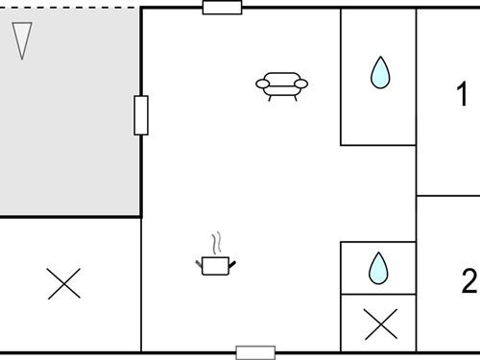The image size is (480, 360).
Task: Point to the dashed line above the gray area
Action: point(67,8)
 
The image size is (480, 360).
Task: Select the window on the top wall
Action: point(222,8)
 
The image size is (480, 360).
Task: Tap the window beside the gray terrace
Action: point(141,115)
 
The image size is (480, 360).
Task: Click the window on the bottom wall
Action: point(255,352)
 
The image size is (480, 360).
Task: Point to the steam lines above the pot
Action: point(218,240)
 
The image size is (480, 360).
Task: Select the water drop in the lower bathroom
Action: point(379,269)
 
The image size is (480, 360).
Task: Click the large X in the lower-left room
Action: point(64,283)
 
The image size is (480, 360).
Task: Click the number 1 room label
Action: point(462,95)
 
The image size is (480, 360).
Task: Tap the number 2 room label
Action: point(468,282)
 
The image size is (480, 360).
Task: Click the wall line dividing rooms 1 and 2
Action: point(447,196)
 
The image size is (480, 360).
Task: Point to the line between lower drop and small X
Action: point(378,295)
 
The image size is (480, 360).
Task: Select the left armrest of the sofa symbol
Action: point(262,85)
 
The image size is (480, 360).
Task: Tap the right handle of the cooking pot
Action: point(231,262)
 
